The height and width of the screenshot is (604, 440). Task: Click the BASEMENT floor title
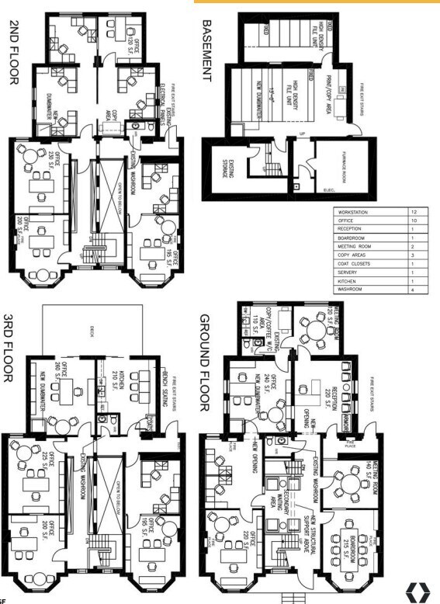point(207,50)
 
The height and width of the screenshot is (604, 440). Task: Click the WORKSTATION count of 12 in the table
point(416,211)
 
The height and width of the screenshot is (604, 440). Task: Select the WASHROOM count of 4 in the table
point(416,290)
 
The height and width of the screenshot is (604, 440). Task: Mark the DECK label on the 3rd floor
point(92,327)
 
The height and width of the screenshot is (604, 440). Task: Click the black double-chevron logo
point(418,590)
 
